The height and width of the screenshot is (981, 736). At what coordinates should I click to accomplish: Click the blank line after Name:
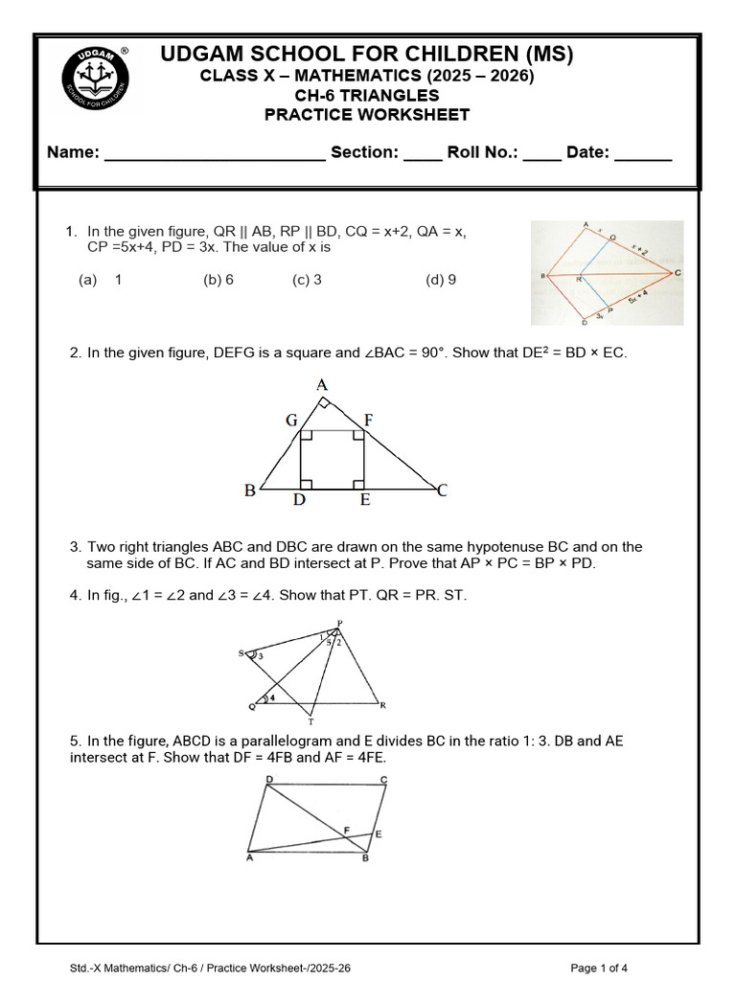point(214,158)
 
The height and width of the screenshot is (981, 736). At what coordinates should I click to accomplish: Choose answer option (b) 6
point(218,281)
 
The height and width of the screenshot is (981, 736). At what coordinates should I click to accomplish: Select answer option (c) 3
point(307,281)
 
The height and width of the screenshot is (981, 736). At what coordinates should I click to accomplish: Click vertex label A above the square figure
point(322,385)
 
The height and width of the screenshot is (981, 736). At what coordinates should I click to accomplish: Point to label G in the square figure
point(291,420)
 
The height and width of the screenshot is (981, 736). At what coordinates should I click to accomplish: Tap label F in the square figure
point(368,420)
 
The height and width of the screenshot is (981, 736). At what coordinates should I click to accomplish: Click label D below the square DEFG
point(299,499)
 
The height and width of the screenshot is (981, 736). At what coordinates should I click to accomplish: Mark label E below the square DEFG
point(365,499)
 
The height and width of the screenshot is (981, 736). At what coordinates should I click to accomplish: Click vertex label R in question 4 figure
point(382,706)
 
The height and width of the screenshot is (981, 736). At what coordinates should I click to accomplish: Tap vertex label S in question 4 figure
point(241,653)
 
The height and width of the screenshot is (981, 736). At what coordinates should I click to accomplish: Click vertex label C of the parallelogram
point(383,780)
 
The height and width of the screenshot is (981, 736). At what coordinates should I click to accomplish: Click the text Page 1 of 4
point(599,969)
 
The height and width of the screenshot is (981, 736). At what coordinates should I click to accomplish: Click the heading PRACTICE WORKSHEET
point(367,115)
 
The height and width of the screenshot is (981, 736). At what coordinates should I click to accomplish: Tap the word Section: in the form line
point(364,152)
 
